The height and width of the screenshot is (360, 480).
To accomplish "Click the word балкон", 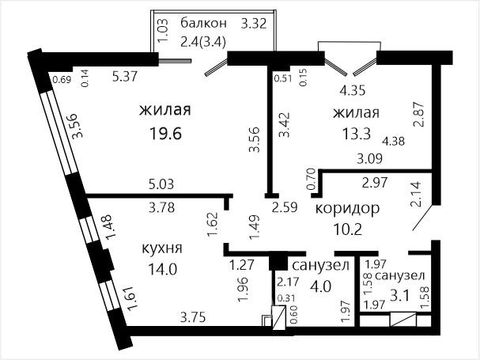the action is click(203, 23).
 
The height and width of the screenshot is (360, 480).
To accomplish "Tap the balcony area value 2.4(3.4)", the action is click(203, 42).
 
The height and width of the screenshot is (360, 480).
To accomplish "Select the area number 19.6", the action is click(165, 134).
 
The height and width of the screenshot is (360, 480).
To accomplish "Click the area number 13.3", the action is click(357, 134).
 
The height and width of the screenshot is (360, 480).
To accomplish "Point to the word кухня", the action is click(162, 248).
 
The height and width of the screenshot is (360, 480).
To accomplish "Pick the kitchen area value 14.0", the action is click(163, 269).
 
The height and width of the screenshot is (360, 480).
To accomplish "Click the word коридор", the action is click(347, 209).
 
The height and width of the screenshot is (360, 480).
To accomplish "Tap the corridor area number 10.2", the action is click(348, 229).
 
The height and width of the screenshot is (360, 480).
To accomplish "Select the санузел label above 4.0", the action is click(321, 265).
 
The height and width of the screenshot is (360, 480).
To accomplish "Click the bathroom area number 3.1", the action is click(400, 296).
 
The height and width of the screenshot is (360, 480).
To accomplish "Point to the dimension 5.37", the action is click(125, 76).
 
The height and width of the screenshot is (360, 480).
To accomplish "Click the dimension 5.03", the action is click(161, 184).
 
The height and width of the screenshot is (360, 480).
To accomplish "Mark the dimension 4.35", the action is click(353, 91).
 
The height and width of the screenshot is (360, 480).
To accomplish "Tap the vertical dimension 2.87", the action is click(418, 114).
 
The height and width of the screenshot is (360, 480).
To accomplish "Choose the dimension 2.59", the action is click(285, 207).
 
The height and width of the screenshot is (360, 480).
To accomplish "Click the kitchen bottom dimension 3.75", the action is click(193, 317).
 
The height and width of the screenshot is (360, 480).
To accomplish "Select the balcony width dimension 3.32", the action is click(254, 24).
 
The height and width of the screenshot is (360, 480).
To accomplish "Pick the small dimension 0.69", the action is click(62, 80).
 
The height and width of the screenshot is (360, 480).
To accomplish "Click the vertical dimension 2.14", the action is click(417, 195).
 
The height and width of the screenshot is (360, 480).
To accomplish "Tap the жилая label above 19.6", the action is click(165, 110).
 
